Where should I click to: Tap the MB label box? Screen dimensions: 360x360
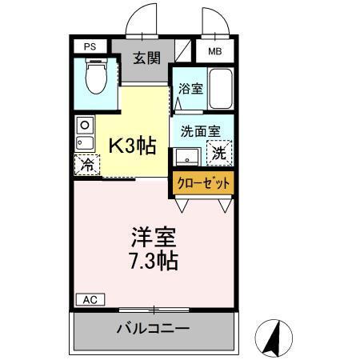point(214,52)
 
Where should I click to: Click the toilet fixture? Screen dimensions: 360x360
point(95,79)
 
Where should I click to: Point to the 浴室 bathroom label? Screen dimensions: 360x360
point(190,90)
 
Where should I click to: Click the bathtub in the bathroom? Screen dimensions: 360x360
point(222,91)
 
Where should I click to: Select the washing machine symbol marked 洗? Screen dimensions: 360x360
point(218,151)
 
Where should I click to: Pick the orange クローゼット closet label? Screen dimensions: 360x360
point(203,183)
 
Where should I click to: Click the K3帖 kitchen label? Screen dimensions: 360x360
point(133,146)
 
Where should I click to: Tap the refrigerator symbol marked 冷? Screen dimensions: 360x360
point(86,166)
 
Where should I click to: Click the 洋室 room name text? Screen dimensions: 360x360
point(154,238)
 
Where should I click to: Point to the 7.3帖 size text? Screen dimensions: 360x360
point(154,262)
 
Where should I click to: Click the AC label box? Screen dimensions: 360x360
point(90,299)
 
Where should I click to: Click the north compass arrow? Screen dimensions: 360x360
point(274,337)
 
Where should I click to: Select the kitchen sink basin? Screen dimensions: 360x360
point(84,142)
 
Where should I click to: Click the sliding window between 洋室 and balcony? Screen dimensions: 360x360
point(154,308)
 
